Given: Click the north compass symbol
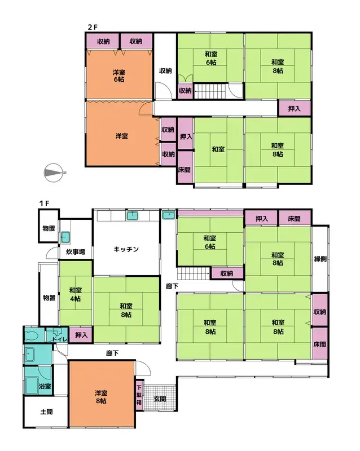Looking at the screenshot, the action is tap(54, 173).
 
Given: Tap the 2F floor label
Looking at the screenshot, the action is tap(93, 27).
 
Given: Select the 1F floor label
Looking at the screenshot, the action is tap(45, 204).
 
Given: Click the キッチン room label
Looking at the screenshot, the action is tap(126, 249).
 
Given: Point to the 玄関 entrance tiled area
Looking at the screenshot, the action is tap(160, 397).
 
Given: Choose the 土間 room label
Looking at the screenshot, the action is tap(46, 412).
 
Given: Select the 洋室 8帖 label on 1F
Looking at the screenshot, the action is tap(101, 397).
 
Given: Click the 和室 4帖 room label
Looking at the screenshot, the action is tap(76, 294).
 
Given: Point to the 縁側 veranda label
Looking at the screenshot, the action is tap(320, 259).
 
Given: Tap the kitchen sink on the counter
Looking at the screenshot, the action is tap(132, 216).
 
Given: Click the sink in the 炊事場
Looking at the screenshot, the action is tap(65, 237).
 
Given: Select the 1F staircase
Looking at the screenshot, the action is tap(194, 273).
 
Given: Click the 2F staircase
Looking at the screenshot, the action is tap(210, 91).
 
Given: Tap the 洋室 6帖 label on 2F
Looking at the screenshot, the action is tap(118, 76).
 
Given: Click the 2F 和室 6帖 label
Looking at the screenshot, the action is tap(211, 58).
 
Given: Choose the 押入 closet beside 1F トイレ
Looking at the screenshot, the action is tap(81, 335).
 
